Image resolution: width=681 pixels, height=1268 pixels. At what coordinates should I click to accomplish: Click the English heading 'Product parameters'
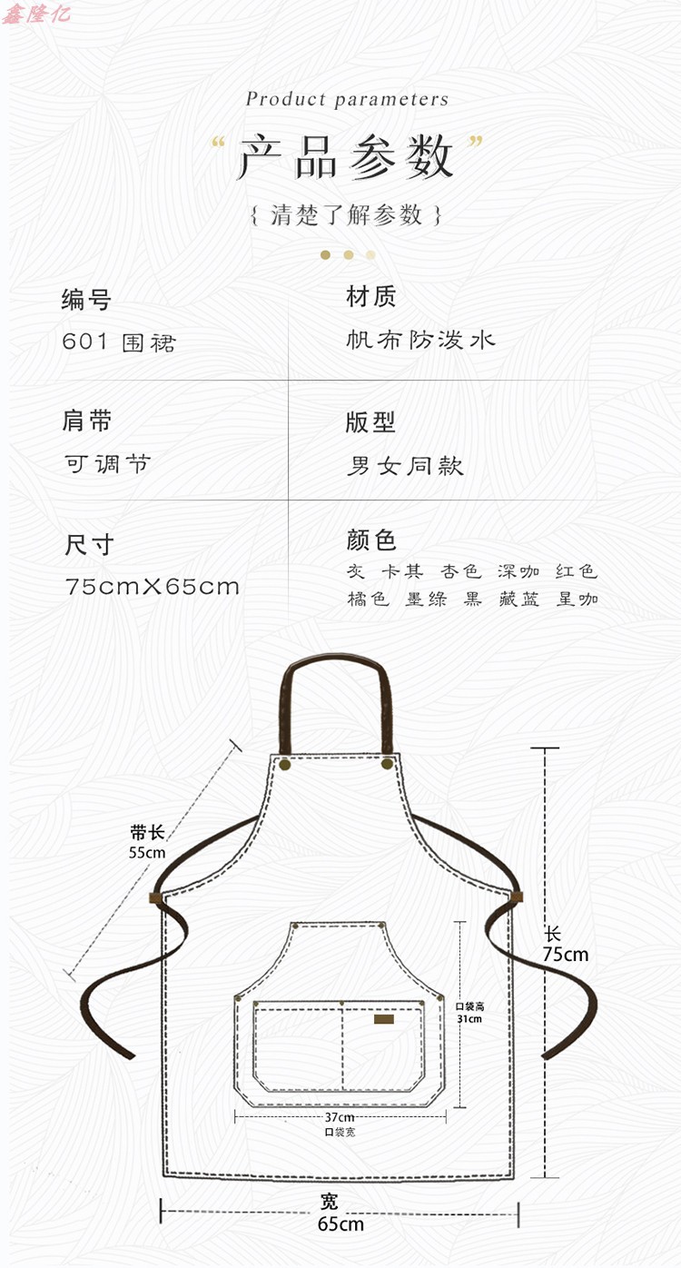347,99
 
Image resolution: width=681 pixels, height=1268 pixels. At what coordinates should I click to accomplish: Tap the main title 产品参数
346,157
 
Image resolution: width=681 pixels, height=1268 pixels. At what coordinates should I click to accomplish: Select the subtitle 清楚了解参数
347,215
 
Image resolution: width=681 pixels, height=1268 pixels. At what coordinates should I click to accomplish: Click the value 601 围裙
119,342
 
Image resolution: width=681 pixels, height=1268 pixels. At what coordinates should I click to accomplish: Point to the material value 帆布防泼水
421,340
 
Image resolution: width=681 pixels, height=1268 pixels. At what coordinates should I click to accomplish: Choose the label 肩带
87,421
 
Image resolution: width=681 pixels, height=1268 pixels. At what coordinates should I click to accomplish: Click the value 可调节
107,464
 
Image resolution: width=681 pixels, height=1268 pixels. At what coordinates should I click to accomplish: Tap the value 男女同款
405,466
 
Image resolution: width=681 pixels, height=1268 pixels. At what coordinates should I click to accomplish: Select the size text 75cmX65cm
153,586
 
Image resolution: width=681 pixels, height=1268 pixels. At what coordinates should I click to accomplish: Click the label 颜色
371,540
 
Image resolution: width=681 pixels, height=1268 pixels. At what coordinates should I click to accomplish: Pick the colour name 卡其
402,571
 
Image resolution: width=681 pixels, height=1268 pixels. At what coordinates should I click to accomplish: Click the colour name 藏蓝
518,599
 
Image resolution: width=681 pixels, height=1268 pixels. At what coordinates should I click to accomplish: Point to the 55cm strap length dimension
148,852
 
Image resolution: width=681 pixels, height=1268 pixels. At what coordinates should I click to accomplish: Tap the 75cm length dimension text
566,954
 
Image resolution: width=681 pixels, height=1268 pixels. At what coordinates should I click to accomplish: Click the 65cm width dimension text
340,1223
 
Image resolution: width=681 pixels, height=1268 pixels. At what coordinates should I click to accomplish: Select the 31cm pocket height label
469,1018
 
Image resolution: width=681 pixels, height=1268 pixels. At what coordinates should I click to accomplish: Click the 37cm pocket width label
340,1116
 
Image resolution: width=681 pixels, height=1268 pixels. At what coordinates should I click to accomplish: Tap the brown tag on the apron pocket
385,1018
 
